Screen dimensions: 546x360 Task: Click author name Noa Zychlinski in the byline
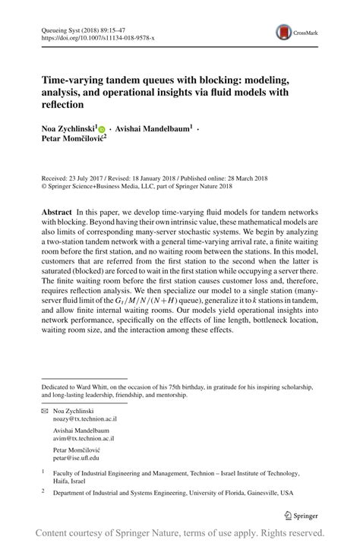coord(68,129)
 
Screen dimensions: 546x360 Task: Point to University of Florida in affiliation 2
coord(223,492)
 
